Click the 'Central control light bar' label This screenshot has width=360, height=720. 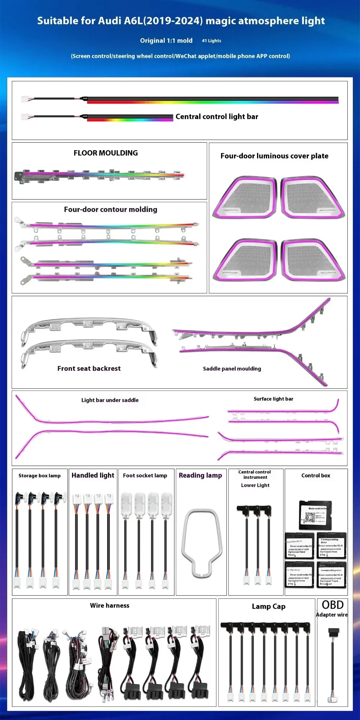click(217, 117)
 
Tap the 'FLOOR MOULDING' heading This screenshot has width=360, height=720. click(105, 153)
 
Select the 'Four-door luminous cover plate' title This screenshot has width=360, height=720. click(274, 156)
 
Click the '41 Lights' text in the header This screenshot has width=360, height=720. click(211, 41)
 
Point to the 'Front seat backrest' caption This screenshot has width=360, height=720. click(89, 368)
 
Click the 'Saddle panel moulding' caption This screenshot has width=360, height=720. click(232, 369)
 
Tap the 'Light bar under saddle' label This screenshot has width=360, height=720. click(110, 400)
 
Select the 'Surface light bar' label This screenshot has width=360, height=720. click(273, 399)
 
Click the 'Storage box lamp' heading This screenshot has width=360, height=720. click(40, 476)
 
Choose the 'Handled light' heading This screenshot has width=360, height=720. click(93, 475)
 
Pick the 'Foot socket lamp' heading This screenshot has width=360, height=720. click(145, 476)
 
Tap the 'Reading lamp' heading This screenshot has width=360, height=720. click(200, 475)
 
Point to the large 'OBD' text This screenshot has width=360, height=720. click(332, 605)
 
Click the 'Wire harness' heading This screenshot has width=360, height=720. click(109, 606)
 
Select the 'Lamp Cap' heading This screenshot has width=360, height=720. click(269, 607)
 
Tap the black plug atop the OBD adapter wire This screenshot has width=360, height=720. click(333, 631)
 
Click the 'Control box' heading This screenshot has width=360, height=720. click(316, 476)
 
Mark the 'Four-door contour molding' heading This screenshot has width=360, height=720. click(111, 210)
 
